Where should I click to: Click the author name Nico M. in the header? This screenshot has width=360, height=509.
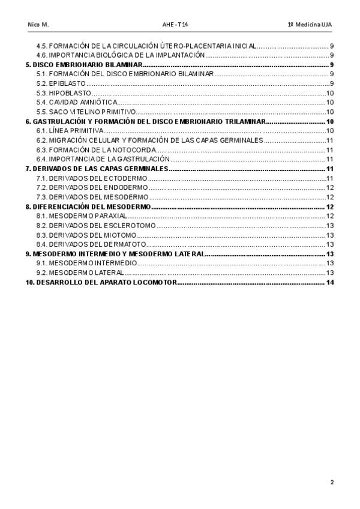[x=38, y=25]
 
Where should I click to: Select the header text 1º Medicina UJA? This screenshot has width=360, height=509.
[x=309, y=25]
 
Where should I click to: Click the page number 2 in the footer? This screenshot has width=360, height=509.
[x=331, y=482]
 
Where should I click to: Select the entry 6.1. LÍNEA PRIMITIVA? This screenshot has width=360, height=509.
[x=70, y=131]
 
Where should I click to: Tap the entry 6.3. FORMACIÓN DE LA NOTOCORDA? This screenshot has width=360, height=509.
[x=96, y=149]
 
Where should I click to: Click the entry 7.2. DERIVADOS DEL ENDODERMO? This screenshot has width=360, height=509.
[x=92, y=187]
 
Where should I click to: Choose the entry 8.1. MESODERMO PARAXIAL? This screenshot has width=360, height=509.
[x=81, y=215]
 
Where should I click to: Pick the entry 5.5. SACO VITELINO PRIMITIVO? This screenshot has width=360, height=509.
[x=86, y=112]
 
